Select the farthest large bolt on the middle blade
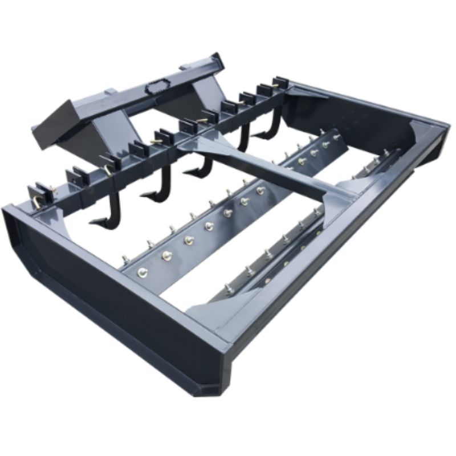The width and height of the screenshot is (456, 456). (x=325, y=145)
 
